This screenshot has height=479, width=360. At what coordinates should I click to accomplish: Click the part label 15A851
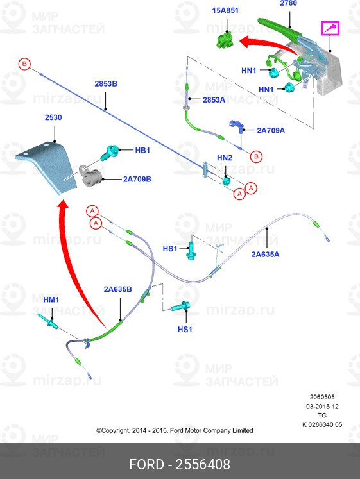tap(225, 10)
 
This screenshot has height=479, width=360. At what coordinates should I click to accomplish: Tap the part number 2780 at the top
tap(289, 3)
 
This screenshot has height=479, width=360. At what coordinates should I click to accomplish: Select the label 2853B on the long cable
tap(106, 84)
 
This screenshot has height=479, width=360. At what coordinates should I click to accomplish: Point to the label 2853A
tap(214, 100)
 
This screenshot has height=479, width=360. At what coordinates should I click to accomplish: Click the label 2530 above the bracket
tap(53, 117)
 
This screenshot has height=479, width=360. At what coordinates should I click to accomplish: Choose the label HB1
tap(142, 150)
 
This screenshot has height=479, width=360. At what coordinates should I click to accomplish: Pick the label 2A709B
tap(137, 179)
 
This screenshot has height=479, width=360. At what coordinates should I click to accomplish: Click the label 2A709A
tap(271, 130)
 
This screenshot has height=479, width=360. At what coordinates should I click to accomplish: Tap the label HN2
tap(225, 158)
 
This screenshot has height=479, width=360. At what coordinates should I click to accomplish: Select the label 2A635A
tap(265, 254)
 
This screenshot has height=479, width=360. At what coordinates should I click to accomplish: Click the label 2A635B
tap(117, 289)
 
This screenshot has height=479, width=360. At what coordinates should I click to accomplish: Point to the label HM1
tap(51, 299)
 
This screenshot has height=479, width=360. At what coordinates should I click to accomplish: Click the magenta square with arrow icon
tap(330, 28)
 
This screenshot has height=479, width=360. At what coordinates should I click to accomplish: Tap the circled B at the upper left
tap(24, 64)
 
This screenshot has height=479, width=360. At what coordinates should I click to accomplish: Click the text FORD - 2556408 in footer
tap(180, 465)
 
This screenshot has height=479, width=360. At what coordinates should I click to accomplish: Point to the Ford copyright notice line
tap(175, 430)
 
